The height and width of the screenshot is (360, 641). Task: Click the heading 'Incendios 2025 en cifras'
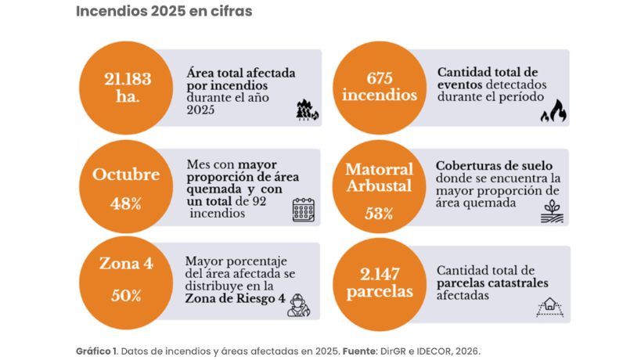point(164,12)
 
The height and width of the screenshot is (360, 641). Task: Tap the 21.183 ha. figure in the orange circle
point(127,87)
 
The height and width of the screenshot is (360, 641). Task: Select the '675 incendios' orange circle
point(380,87)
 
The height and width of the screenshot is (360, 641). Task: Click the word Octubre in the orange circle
point(126,175)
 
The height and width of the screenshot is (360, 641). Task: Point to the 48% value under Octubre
point(126,203)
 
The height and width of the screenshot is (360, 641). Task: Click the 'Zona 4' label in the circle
point(126,264)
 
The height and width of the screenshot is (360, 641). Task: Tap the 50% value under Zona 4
point(126,296)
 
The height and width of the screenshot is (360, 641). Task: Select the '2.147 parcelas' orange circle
point(380,282)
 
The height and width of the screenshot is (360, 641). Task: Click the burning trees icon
point(307,111)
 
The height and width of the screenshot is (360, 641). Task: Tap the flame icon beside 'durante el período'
point(553,111)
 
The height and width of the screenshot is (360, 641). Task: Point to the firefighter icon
point(298,304)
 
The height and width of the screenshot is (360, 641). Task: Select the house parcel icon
point(550,306)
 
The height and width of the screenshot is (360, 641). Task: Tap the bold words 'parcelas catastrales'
point(492,283)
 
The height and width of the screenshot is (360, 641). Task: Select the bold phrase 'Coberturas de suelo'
point(495,166)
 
